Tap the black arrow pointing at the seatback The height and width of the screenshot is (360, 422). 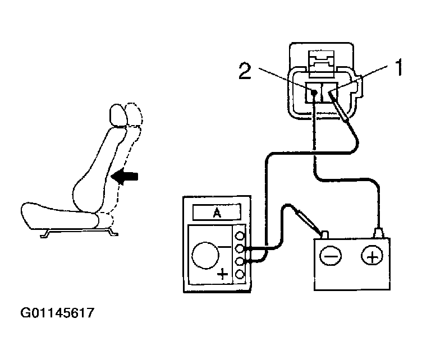[x=124, y=177]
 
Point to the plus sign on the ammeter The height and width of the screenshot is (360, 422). [x=223, y=275]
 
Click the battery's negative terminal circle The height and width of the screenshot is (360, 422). [x=330, y=256]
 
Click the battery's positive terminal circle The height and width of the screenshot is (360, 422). [x=371, y=256]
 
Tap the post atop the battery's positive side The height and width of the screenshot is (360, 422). [x=379, y=231]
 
